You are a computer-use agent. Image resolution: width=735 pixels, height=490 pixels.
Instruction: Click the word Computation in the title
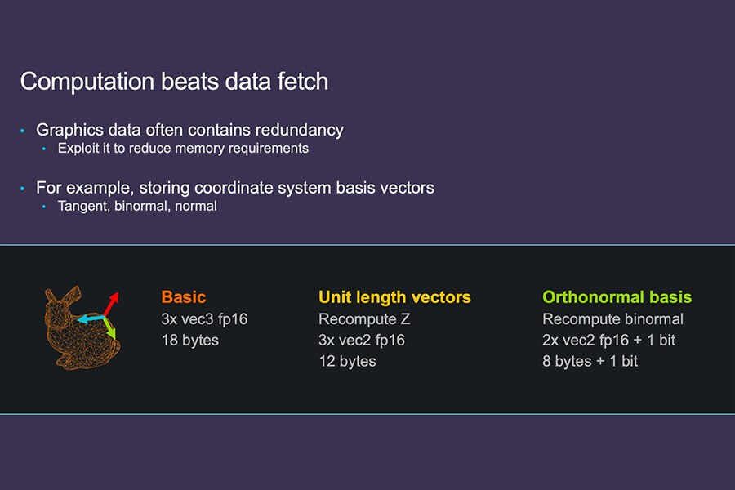pyautogui.click(x=87, y=82)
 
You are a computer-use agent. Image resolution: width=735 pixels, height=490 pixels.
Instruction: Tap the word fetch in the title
pyautogui.click(x=303, y=81)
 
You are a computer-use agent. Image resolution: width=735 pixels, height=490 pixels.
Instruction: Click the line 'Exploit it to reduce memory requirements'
pyautogui.click(x=183, y=148)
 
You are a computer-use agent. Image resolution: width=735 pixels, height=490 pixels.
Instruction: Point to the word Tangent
pyautogui.click(x=84, y=207)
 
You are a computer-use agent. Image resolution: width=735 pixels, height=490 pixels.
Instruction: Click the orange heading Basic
pyautogui.click(x=184, y=296)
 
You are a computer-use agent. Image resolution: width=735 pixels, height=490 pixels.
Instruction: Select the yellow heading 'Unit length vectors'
pyautogui.click(x=394, y=296)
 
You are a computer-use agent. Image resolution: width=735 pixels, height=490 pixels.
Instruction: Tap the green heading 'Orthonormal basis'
pyautogui.click(x=617, y=296)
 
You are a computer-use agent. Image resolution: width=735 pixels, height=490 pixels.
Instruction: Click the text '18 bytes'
pyautogui.click(x=189, y=340)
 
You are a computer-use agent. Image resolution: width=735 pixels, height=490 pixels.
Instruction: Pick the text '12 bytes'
pyautogui.click(x=347, y=361)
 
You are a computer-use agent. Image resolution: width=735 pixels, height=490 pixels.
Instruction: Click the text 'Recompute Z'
pyautogui.click(x=364, y=318)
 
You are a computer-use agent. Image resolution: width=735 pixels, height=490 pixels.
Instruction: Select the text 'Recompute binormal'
pyautogui.click(x=612, y=318)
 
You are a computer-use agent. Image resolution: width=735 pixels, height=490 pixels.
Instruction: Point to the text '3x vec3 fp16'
pyautogui.click(x=204, y=318)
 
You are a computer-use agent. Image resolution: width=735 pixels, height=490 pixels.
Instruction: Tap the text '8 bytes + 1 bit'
pyautogui.click(x=590, y=361)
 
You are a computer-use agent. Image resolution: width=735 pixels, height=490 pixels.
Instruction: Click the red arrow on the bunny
pyautogui.click(x=110, y=304)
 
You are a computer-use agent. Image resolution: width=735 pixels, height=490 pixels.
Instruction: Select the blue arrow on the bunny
pyautogui.click(x=91, y=318)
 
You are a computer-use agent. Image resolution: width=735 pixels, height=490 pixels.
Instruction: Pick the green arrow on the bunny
pyautogui.click(x=109, y=327)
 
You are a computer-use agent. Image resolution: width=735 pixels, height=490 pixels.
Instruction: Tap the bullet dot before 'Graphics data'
pyautogui.click(x=23, y=131)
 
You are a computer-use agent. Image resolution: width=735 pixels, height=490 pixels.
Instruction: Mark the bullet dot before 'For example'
pyautogui.click(x=23, y=189)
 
